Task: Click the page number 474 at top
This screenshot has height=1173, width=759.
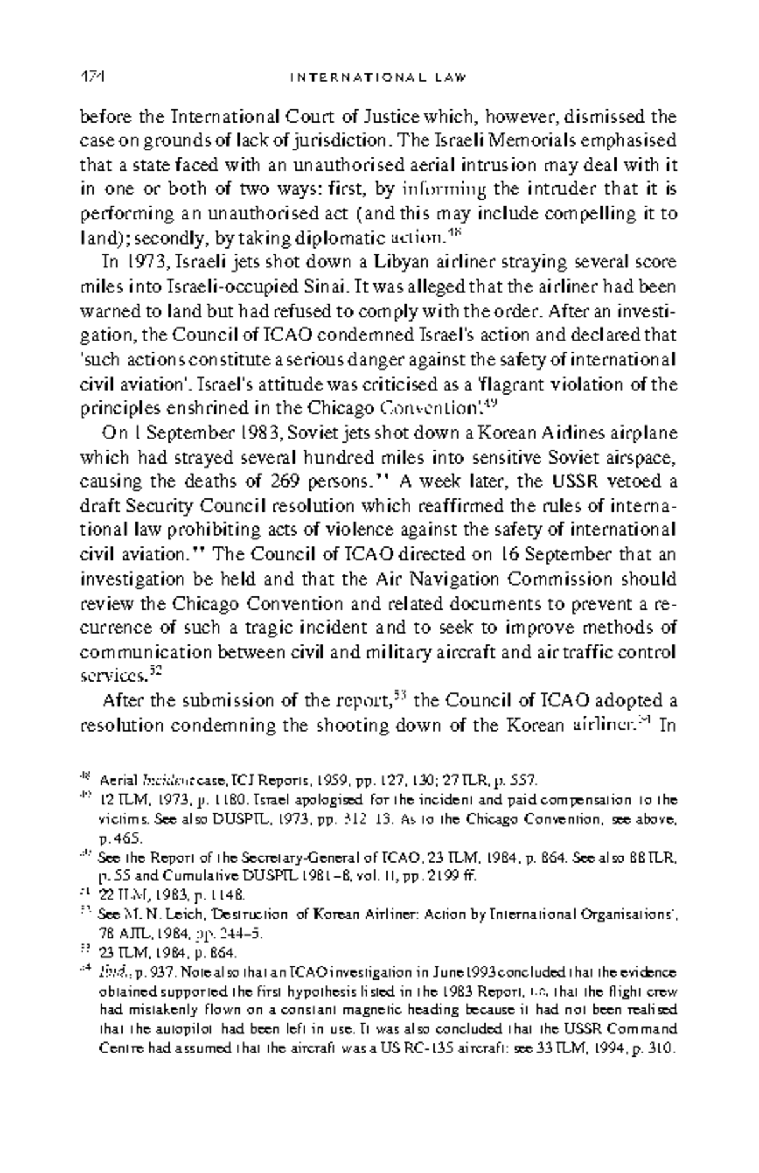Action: tap(92, 77)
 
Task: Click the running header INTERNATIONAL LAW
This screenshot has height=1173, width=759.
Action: tap(378, 78)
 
